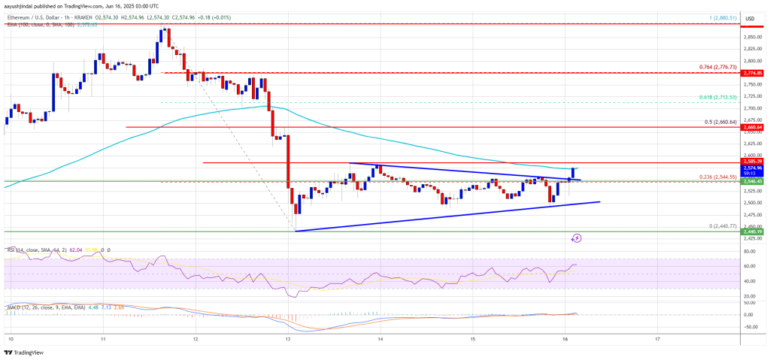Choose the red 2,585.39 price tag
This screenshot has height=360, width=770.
pyautogui.click(x=753, y=162)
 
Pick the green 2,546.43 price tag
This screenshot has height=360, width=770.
pyautogui.click(x=753, y=182)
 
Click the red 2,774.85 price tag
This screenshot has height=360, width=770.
pyautogui.click(x=753, y=73)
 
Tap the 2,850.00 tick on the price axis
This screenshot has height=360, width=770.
pyautogui.click(x=752, y=37)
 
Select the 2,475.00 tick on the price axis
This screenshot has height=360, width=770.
pyautogui.click(x=752, y=214)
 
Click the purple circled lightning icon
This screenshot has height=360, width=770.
pyautogui.click(x=576, y=237)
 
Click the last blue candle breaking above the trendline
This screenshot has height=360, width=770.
pyautogui.click(x=573, y=174)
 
